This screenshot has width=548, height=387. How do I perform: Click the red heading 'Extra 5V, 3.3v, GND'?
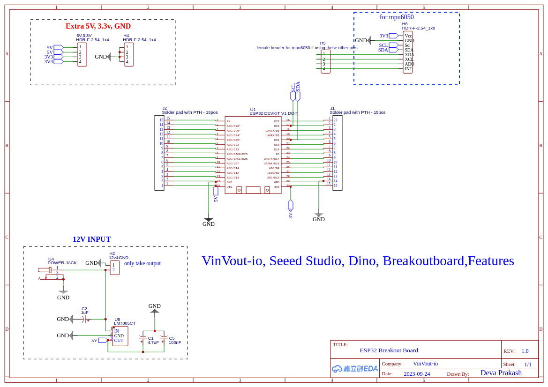[x=98, y=26]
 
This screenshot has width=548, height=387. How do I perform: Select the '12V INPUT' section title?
[x=91, y=239]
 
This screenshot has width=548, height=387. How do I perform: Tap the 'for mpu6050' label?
[x=397, y=17]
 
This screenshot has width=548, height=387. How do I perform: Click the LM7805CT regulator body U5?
[x=120, y=336]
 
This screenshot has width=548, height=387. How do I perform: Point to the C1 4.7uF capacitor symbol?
[x=143, y=337]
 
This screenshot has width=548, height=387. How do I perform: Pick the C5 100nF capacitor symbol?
[x=164, y=337]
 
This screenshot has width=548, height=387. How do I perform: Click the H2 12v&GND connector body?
[x=115, y=268]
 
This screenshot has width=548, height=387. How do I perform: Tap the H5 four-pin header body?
[x=326, y=61]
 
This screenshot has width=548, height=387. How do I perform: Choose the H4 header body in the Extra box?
[x=129, y=54]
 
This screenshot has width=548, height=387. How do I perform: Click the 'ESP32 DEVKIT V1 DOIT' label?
[x=274, y=113]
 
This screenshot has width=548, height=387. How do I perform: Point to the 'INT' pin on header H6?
[x=408, y=69]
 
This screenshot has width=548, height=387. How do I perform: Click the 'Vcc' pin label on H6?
[x=408, y=36]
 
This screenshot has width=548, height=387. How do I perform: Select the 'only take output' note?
[x=142, y=263]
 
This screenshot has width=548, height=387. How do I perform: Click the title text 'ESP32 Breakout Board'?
[x=389, y=350]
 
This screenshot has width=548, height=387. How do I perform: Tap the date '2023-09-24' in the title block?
[x=417, y=374]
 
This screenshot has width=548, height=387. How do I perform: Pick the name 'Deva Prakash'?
[x=501, y=373]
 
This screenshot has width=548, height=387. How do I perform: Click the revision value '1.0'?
[x=525, y=351]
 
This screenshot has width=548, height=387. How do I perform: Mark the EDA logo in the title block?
[x=355, y=369]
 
